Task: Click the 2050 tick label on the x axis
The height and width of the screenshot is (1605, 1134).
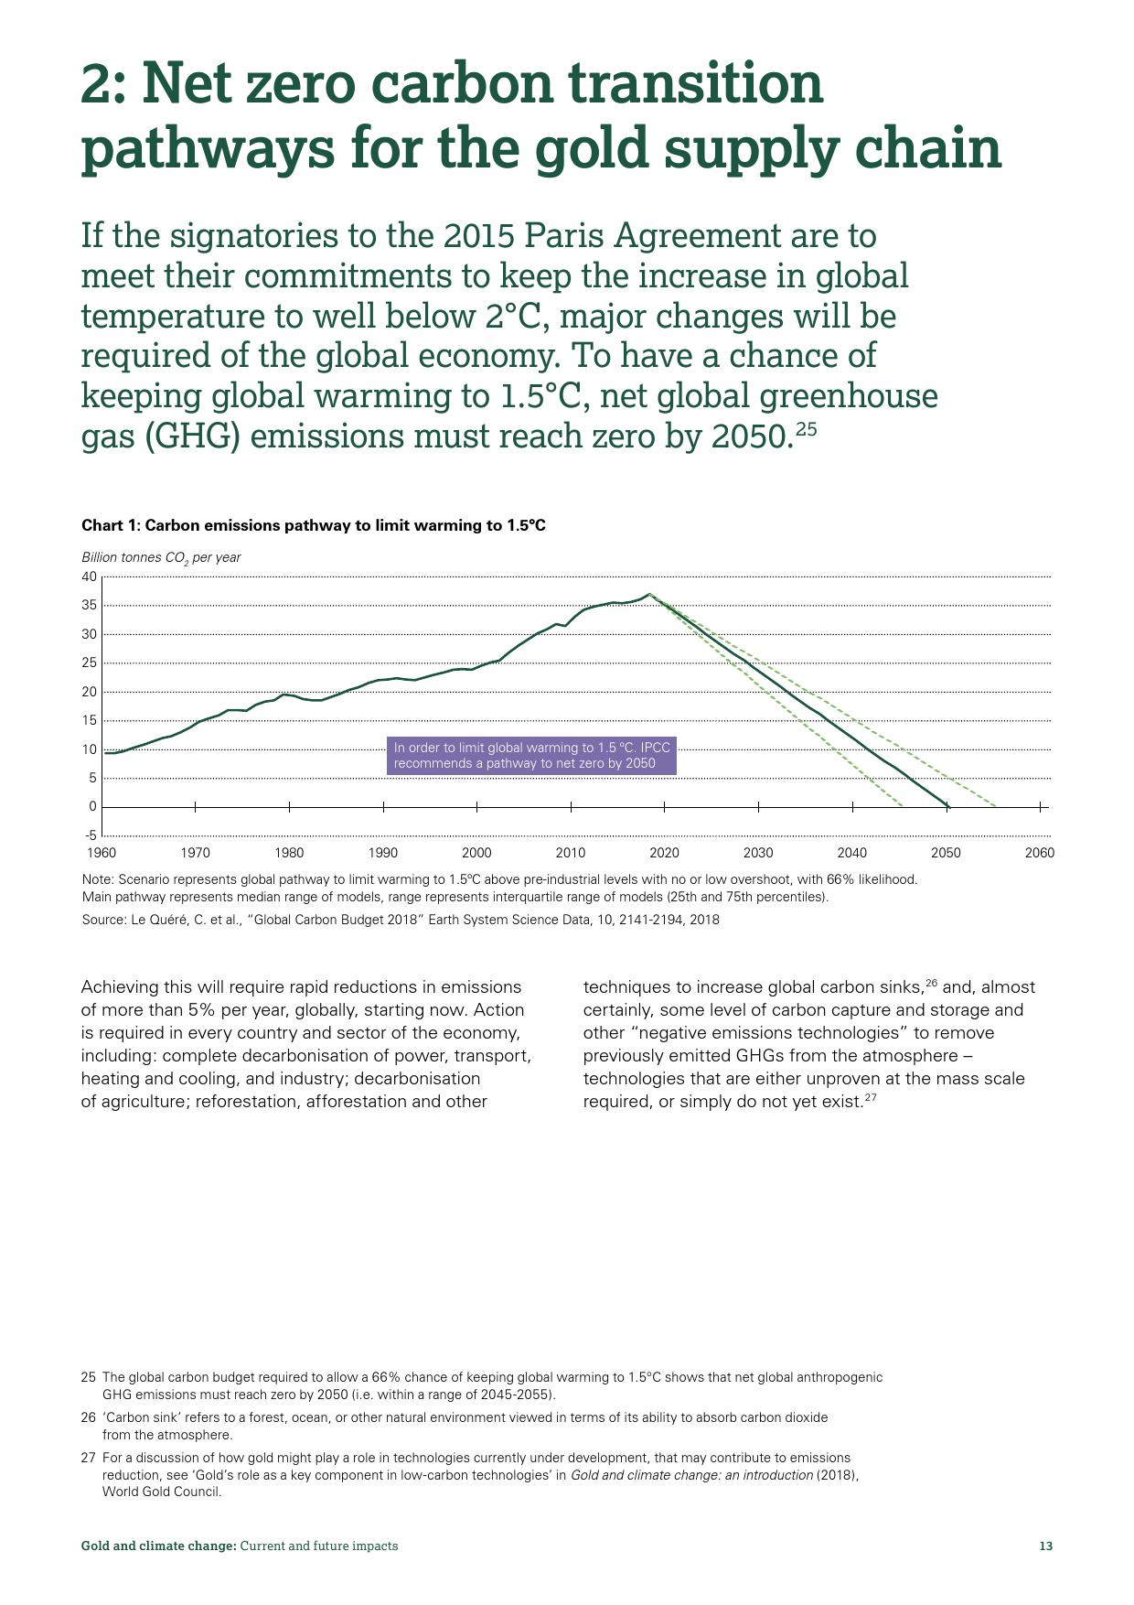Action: click(946, 853)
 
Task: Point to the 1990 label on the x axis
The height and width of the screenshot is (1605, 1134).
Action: click(383, 853)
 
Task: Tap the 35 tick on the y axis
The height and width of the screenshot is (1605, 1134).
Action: click(89, 606)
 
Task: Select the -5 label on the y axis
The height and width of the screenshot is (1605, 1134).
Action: click(91, 835)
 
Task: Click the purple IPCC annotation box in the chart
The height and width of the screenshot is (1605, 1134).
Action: click(531, 756)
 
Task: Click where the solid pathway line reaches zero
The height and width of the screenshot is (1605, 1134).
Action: click(947, 806)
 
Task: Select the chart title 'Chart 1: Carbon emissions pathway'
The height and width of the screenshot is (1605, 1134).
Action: click(314, 525)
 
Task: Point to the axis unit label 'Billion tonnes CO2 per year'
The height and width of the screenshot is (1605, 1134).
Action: click(161, 557)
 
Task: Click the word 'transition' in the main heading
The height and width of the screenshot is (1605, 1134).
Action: click(696, 83)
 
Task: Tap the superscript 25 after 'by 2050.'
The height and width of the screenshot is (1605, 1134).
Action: click(805, 428)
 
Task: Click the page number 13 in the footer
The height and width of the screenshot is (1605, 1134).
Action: click(1046, 1546)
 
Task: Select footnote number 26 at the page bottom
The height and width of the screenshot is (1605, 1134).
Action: click(89, 1417)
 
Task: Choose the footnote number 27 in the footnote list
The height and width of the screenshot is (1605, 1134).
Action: click(89, 1458)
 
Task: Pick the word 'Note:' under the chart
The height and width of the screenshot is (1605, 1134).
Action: click(99, 879)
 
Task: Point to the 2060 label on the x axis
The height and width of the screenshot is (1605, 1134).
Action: click(1040, 853)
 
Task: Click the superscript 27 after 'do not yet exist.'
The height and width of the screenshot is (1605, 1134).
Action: click(871, 1097)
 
